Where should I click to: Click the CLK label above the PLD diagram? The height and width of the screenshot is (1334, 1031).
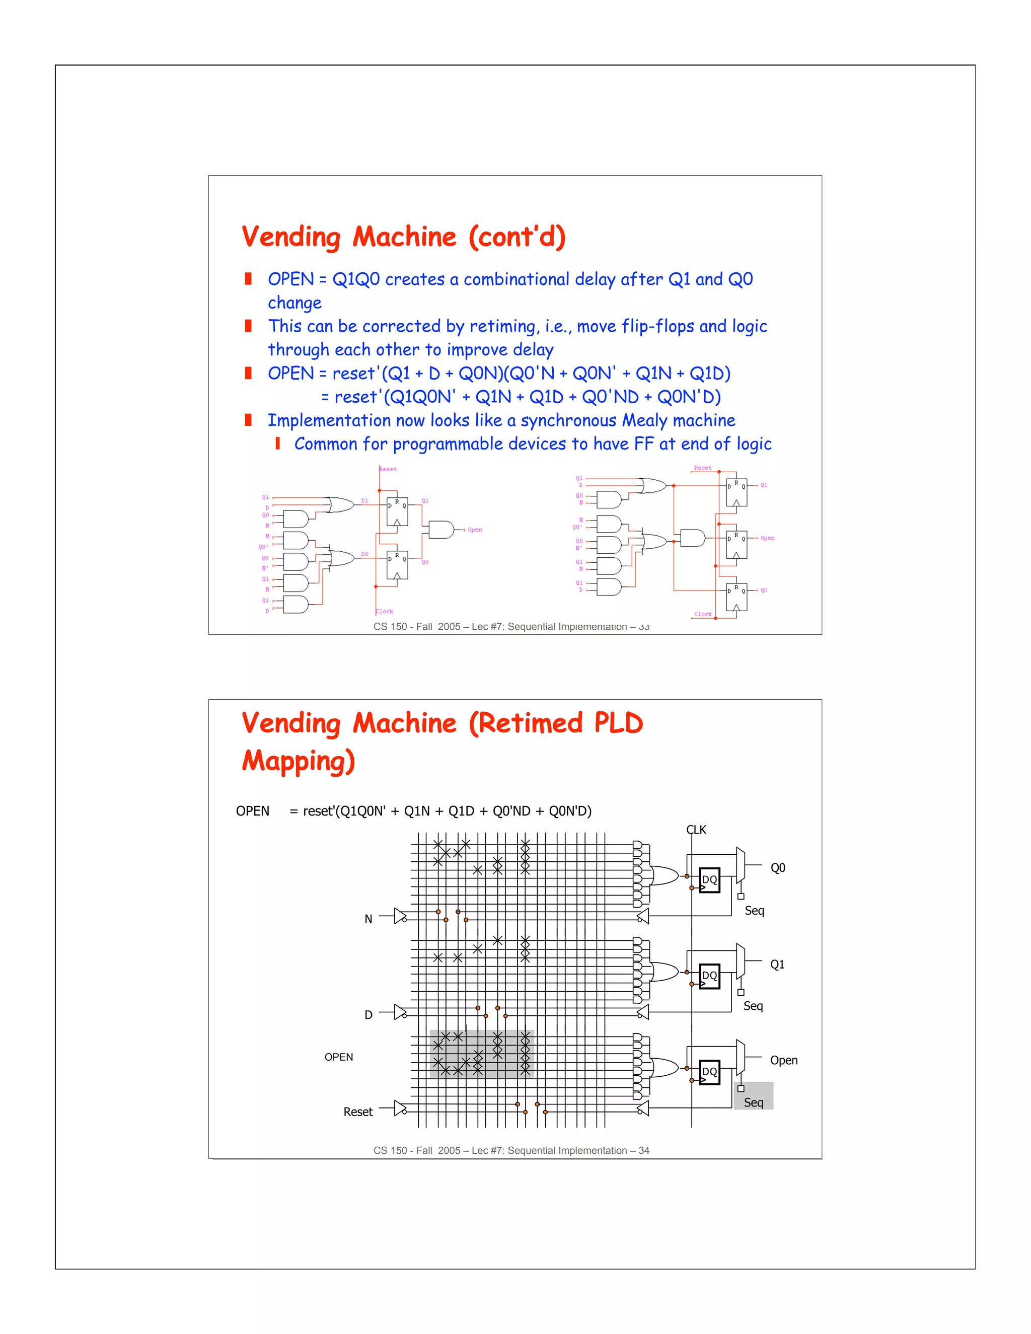(x=696, y=830)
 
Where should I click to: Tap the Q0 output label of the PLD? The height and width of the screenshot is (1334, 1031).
(x=777, y=868)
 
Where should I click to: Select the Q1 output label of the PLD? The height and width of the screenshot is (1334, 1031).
(x=777, y=965)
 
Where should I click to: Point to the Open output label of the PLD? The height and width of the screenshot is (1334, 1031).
(x=784, y=1060)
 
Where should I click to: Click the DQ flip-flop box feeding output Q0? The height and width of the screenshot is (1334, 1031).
(x=709, y=880)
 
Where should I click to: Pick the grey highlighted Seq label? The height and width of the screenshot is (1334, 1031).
(x=754, y=1102)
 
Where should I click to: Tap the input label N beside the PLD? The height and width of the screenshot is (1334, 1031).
(x=369, y=919)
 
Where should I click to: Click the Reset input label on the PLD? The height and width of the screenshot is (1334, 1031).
(x=358, y=1111)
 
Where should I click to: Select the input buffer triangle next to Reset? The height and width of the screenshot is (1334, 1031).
(x=400, y=1108)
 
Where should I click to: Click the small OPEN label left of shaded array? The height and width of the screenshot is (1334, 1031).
(x=338, y=1057)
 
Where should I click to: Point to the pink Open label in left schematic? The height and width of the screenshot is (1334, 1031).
(x=475, y=530)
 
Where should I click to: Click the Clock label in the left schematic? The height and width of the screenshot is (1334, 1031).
(x=384, y=612)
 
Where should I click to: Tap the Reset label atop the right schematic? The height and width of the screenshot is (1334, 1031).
(x=702, y=468)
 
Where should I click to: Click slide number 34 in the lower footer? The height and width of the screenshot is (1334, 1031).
(x=644, y=1150)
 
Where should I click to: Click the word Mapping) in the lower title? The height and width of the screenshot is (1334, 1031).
(x=298, y=761)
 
